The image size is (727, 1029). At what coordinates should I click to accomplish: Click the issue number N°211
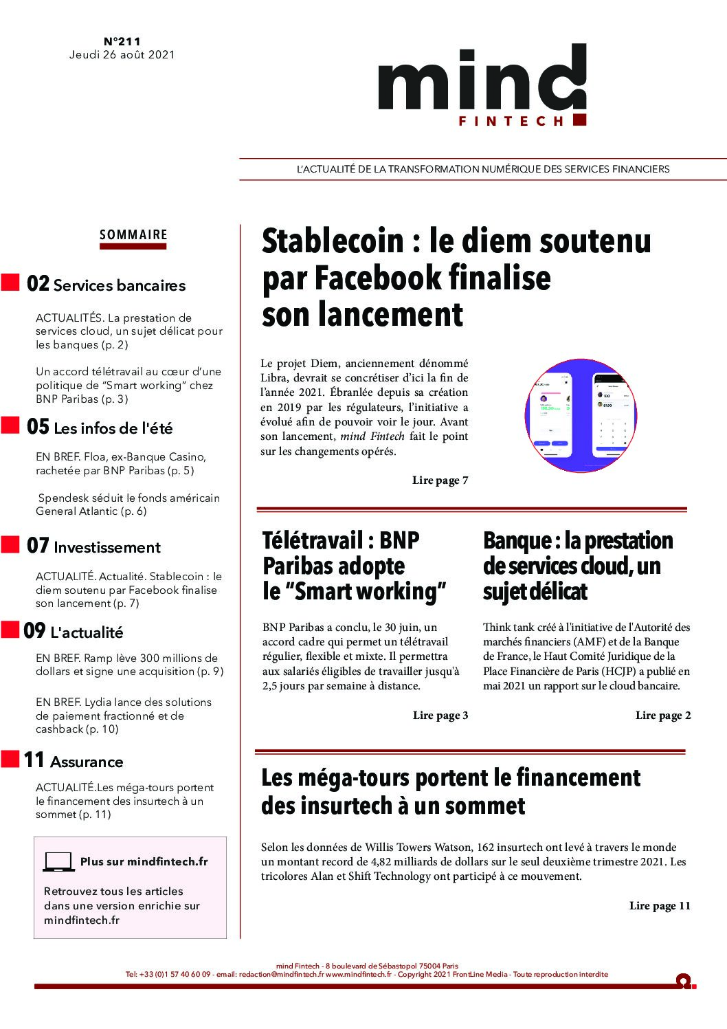[122, 41]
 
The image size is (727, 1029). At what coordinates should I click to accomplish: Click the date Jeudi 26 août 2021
[122, 54]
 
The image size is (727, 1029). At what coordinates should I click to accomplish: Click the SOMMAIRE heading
[133, 234]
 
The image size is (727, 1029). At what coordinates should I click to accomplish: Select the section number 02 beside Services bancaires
[38, 284]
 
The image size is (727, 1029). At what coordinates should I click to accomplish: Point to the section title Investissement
[107, 548]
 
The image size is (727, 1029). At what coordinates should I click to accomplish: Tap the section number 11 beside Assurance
[34, 760]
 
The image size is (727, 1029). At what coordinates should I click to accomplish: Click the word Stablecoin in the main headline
[333, 241]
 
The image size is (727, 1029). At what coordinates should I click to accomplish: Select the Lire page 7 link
[440, 480]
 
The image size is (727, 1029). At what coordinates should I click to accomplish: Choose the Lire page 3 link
[440, 716]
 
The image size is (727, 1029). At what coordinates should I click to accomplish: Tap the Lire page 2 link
[662, 716]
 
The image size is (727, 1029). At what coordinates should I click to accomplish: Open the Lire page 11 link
[659, 906]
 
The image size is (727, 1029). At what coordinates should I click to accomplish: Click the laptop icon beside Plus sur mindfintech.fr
[58, 861]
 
